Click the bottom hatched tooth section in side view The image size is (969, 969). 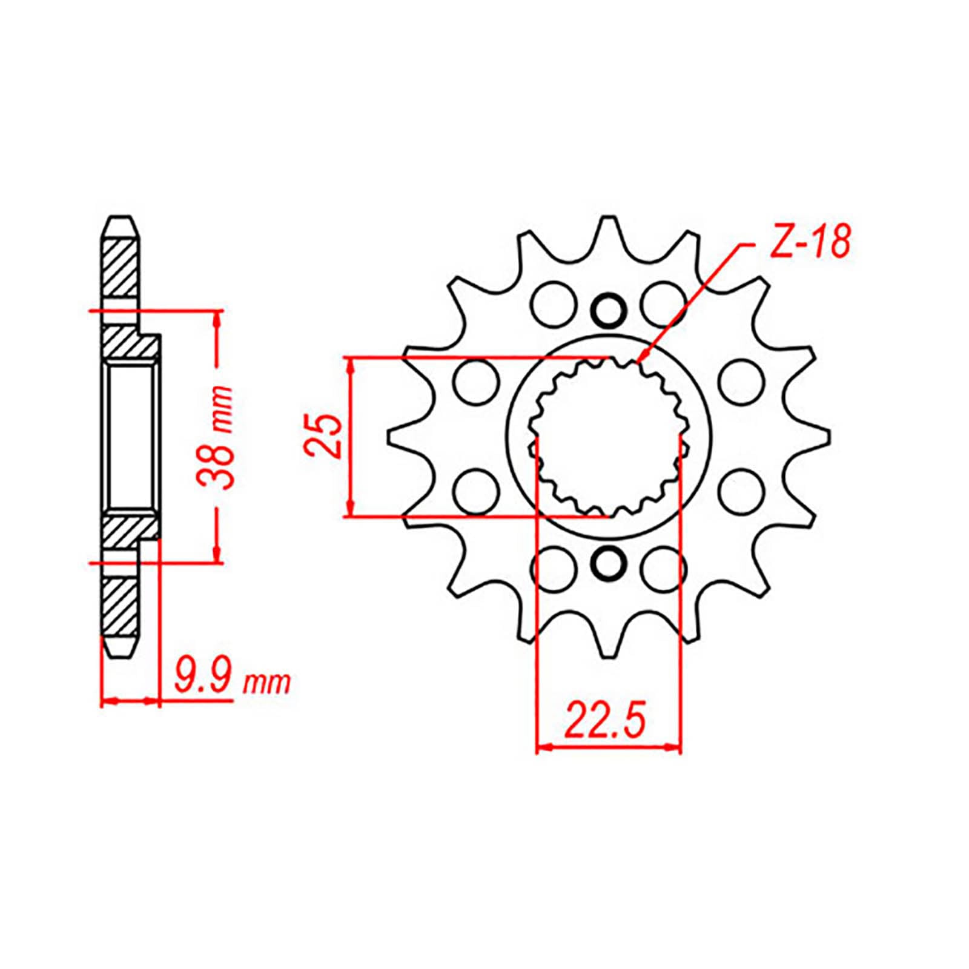(x=121, y=606)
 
